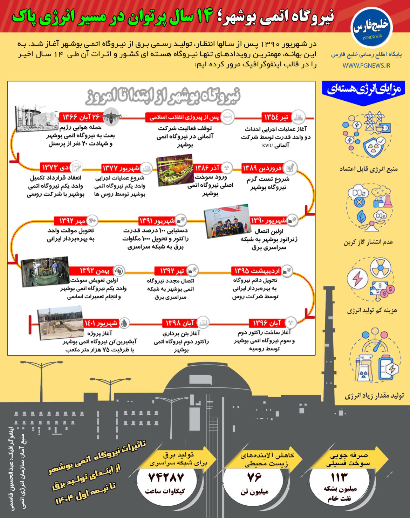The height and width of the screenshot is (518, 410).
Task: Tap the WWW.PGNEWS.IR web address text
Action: click(366, 66)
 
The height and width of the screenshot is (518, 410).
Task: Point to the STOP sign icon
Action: click(227, 117)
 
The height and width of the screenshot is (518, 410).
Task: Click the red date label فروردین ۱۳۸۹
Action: click(262, 168)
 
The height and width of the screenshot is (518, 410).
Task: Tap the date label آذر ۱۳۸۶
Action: click(207, 168)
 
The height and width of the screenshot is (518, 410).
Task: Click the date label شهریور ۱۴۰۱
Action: click(101, 323)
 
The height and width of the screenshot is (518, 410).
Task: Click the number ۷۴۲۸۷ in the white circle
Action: click(166, 478)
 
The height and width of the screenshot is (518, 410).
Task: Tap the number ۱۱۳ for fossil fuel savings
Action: click(339, 477)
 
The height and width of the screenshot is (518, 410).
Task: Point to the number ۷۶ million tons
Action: click(254, 477)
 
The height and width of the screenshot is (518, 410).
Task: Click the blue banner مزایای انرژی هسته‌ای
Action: click(364, 89)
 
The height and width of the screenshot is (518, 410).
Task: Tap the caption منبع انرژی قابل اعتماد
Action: click(368, 169)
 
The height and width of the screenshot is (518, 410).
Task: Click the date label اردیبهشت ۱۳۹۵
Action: click(257, 271)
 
